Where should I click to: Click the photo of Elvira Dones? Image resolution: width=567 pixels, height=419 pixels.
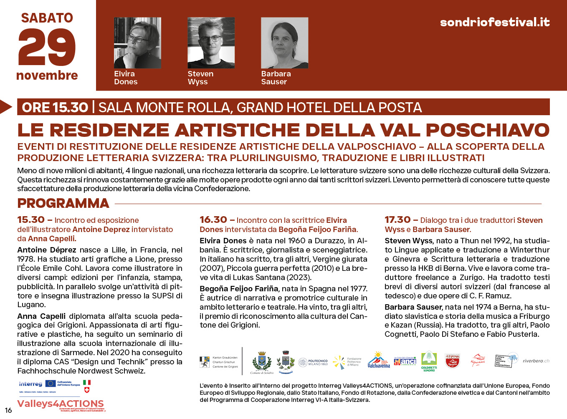(137, 43)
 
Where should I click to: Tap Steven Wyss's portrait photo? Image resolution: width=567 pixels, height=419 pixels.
(211, 43)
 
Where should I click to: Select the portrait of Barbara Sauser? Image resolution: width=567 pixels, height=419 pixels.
(284, 43)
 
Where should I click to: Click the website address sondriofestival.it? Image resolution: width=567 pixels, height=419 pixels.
(495, 22)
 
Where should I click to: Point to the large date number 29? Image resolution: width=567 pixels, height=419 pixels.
(47, 48)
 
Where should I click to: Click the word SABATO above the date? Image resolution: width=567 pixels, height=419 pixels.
(47, 18)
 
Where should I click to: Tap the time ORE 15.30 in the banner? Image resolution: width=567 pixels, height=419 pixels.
(55, 108)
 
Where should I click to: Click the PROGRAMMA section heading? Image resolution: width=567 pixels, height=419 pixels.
(63, 204)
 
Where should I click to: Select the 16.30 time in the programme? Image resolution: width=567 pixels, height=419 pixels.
(213, 220)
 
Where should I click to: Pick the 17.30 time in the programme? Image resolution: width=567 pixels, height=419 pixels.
(397, 220)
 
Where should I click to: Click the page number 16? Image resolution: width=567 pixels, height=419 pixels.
(8, 410)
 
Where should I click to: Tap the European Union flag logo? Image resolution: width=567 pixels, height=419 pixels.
(51, 383)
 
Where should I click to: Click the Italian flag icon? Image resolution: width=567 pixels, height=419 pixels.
(87, 382)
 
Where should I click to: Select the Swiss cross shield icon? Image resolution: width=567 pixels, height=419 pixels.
(87, 390)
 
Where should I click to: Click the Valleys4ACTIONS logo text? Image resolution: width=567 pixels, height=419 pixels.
(61, 404)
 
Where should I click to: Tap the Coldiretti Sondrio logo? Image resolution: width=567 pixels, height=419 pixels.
(429, 361)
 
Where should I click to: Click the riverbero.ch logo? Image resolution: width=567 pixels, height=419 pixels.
(536, 361)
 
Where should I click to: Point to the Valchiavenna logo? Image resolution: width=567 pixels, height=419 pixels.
(379, 360)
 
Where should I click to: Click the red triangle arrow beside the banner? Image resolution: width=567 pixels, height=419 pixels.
(5, 107)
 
